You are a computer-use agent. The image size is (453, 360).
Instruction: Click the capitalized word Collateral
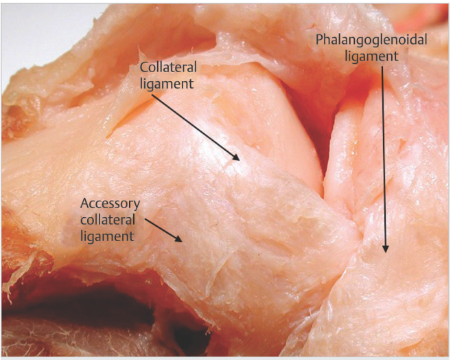click(x=168, y=67)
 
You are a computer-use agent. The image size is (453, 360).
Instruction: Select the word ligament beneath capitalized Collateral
click(x=167, y=84)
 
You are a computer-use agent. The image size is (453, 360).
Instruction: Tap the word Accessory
click(x=110, y=204)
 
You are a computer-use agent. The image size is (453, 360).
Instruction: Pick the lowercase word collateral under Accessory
click(x=108, y=219)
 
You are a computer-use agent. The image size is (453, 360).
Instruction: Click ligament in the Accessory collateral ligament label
click(x=107, y=236)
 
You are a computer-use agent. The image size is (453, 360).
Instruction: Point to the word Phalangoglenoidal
click(x=371, y=40)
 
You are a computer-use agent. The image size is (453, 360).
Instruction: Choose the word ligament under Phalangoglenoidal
click(x=372, y=56)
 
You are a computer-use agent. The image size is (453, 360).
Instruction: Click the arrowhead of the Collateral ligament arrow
click(x=236, y=157)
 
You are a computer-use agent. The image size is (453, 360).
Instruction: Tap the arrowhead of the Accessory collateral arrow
click(x=178, y=239)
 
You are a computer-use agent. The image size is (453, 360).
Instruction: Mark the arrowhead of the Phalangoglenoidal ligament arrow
click(x=386, y=249)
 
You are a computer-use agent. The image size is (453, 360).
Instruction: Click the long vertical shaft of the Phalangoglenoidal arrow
click(x=384, y=156)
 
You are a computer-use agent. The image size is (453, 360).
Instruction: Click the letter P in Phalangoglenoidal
click(x=319, y=40)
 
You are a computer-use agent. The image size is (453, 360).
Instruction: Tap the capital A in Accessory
click(x=84, y=203)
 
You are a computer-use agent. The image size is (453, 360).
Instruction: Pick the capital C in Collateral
click(x=144, y=67)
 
